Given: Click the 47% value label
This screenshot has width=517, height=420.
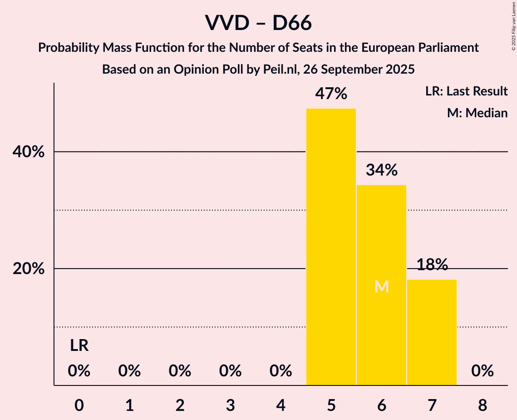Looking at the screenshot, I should (x=331, y=94).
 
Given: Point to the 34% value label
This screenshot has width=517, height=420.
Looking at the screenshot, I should (x=382, y=170).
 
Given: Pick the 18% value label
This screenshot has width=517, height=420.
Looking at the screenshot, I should (x=432, y=265).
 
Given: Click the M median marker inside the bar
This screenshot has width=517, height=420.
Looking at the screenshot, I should (x=382, y=287).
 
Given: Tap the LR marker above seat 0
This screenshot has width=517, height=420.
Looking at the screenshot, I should (x=79, y=346).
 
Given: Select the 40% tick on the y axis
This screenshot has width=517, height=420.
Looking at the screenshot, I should (x=29, y=152).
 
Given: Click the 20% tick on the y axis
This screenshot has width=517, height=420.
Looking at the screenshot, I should (x=29, y=269).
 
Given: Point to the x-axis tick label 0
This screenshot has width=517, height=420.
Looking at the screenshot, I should (x=79, y=405).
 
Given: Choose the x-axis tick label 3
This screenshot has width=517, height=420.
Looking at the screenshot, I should (x=231, y=405).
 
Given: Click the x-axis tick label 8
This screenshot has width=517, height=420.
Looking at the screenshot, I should (x=482, y=405).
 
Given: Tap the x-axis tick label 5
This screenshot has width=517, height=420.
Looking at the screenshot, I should (x=331, y=405).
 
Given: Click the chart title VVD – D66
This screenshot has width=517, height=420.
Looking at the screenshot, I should (x=258, y=23).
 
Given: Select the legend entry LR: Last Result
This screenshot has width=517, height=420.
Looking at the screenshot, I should (x=466, y=91).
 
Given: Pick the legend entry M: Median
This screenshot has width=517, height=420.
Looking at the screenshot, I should (x=477, y=113).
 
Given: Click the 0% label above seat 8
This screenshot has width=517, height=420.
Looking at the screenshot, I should (x=482, y=371).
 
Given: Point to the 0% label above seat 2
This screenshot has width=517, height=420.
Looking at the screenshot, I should (x=180, y=371).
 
